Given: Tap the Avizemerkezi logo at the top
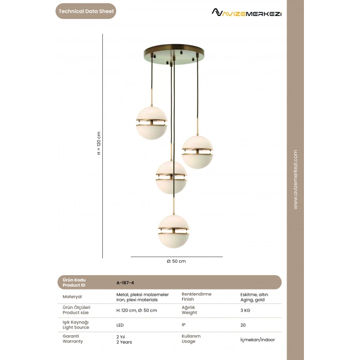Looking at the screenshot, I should [x=247, y=12].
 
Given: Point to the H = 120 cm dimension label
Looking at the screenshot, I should [x=99, y=143].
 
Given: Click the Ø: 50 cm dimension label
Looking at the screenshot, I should [x=176, y=261].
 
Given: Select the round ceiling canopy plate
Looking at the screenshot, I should [x=174, y=53].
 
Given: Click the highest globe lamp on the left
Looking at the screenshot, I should [x=151, y=122].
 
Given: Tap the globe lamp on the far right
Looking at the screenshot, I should [x=197, y=152].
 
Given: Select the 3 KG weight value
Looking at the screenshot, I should [x=245, y=310].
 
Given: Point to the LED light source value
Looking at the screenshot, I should [x=120, y=325].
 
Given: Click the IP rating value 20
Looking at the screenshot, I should [x=243, y=325].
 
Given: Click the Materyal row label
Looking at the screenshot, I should [x=72, y=296].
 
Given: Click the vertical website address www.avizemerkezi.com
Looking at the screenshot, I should [x=295, y=179].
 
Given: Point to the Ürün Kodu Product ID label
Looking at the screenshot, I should [x=74, y=282].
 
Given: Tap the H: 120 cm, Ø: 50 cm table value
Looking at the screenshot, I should [x=137, y=310].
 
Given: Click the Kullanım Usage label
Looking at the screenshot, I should [x=191, y=338].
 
